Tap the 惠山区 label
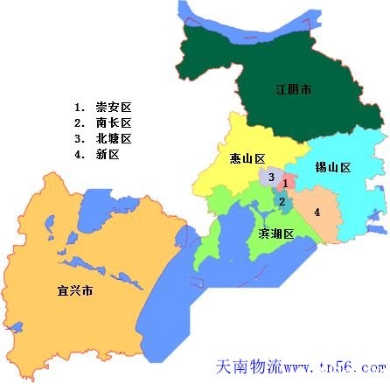click(235, 158)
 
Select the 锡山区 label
click(333, 167)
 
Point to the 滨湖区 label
click(275, 234)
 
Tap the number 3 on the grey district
click(272, 178)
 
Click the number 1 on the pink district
click(285, 185)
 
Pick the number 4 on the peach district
click(317, 212)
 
